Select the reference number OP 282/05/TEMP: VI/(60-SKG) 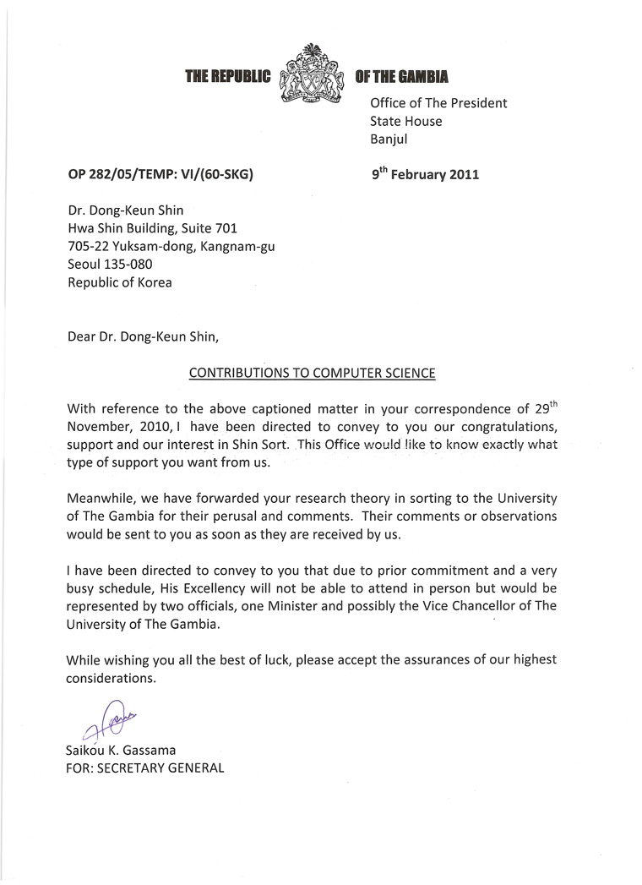click(x=160, y=175)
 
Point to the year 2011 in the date click(x=463, y=175)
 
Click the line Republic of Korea click(x=119, y=283)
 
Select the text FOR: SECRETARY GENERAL click(x=145, y=768)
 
